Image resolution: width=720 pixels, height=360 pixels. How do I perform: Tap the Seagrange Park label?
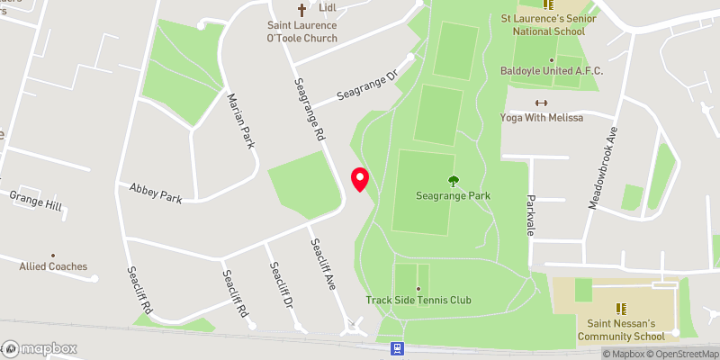pos(452,195)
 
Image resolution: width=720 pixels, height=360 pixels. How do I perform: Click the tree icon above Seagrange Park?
pos(452,180)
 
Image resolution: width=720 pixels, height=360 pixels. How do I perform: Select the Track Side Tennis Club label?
pos(418,300)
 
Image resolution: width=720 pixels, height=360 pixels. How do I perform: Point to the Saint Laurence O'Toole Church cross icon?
pos(302,11)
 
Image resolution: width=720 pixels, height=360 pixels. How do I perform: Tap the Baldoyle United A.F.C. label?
pos(552,71)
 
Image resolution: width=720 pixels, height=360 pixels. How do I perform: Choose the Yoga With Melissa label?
pos(542,118)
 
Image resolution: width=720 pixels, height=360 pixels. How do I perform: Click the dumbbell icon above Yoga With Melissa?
pos(542,103)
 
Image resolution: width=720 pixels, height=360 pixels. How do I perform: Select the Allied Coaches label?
pos(54,266)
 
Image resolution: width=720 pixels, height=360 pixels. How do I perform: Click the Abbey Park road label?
pos(156,192)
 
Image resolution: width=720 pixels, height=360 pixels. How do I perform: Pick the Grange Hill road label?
pos(36,201)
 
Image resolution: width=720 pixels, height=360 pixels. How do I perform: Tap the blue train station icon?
pos(396,347)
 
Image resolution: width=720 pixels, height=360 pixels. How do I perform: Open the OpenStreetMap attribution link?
pos(681,354)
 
